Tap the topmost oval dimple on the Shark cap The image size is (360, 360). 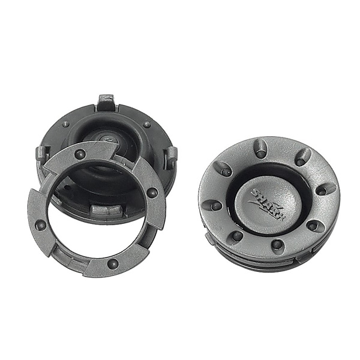260,148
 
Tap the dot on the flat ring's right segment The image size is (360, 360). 152,193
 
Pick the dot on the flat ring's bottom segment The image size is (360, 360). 112,262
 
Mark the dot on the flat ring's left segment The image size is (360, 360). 41,226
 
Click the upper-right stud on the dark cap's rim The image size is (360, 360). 146,125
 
